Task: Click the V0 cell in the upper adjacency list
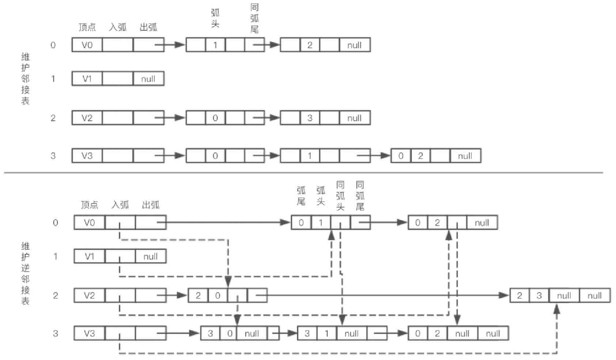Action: point(87,45)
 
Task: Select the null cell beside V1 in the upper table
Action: point(148,79)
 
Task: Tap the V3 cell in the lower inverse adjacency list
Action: point(90,333)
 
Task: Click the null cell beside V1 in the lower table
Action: point(151,256)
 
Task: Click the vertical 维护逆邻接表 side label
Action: point(25,273)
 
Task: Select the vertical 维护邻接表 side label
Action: point(25,79)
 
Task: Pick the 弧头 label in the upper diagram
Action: point(215,18)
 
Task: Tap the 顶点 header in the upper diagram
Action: point(87,27)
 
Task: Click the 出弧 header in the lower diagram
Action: point(151,205)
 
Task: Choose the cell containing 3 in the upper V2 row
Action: point(310,118)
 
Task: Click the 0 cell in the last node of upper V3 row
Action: point(401,156)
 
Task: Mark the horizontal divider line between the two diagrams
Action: point(303,172)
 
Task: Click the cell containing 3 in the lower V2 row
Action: point(539,296)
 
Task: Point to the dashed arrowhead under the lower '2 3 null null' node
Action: point(557,309)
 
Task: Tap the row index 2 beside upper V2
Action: point(53,118)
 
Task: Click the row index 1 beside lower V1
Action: point(56,256)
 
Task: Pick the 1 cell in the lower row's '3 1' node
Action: point(326,333)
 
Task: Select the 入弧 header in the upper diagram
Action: point(118,27)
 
